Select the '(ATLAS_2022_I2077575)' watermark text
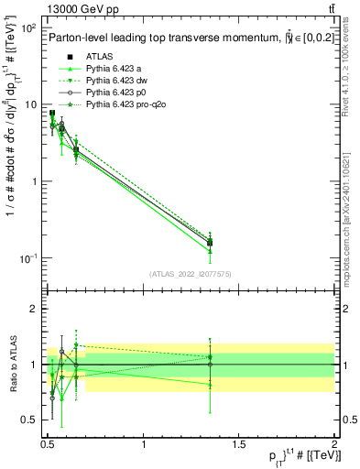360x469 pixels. point(190,273)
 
